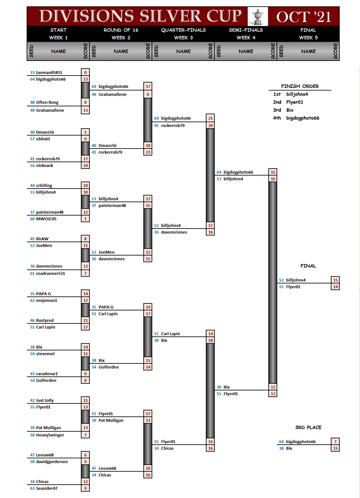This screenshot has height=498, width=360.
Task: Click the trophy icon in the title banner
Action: [258, 17]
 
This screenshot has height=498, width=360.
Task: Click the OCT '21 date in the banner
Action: [304, 17]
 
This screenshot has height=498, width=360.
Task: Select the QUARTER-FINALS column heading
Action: [183, 30]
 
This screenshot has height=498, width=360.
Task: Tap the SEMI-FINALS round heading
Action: [246, 30]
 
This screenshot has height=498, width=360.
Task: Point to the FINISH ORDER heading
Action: [300, 86]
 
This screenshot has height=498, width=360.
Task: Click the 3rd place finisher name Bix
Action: [290, 110]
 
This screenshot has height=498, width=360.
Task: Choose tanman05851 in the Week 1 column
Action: [49, 72]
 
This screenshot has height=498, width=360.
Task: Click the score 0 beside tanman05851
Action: [85, 72]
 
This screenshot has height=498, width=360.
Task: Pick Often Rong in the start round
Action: [47, 102]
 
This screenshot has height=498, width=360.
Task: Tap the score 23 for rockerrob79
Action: [148, 152]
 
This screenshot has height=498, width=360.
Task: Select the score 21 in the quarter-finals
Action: [210, 118]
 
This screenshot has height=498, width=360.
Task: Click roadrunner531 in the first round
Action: [50, 273]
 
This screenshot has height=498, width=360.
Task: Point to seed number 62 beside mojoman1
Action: [32, 300]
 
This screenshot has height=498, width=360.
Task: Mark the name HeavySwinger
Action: [50, 435]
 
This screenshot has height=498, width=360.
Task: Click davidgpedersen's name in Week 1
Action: [52, 461]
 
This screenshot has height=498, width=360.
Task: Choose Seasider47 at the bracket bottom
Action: [47, 488]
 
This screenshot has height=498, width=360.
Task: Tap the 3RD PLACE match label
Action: [308, 427]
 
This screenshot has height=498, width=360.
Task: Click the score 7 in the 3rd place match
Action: [335, 442]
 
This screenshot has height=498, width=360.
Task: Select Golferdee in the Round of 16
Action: [109, 367]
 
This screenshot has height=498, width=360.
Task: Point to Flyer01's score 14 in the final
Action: [335, 287]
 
